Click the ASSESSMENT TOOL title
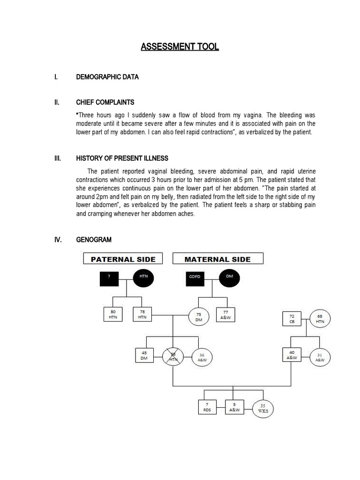coord(180,47)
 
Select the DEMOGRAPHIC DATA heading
coord(107,77)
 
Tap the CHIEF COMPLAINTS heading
coord(105,102)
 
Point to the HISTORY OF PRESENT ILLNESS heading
coord(122,158)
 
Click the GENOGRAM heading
coord(94,240)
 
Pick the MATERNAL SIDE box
coord(217,259)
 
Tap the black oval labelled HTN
coord(143,277)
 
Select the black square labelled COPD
coord(195,277)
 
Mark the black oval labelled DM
coord(229,277)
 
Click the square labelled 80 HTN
coord(112,315)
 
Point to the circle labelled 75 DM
coord(199,316)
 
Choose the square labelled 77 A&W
coord(225,315)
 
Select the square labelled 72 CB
coord(292,319)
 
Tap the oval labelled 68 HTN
coord(320,319)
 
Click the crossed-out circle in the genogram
coord(173,358)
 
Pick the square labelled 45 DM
coord(144,356)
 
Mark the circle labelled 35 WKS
coord(262,408)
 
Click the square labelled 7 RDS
coord(208,406)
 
